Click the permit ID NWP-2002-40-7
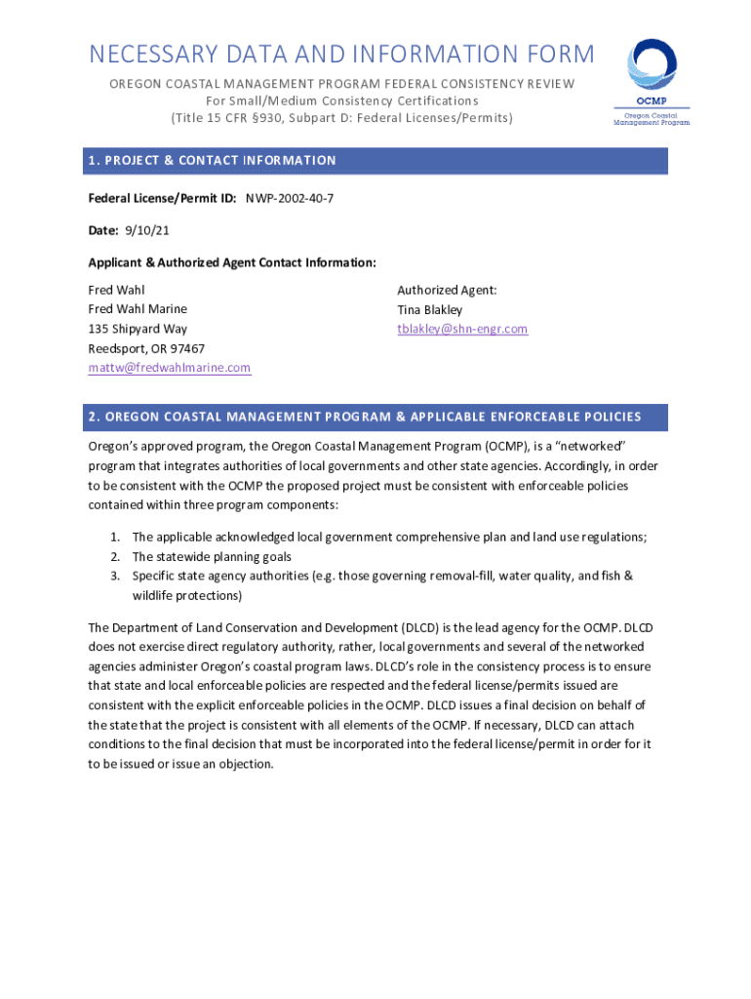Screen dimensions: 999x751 pyautogui.click(x=290, y=198)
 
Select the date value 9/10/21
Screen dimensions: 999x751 pyautogui.click(x=138, y=230)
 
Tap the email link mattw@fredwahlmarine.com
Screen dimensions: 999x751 pyautogui.click(x=170, y=368)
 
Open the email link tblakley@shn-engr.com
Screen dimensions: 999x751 pyautogui.click(x=462, y=329)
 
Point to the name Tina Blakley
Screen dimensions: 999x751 pyautogui.click(x=430, y=309)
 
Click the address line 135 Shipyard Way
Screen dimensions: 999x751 pyautogui.click(x=138, y=329)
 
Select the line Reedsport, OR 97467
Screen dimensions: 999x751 pyautogui.click(x=146, y=348)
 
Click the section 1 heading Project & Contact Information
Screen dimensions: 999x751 pyautogui.click(x=212, y=160)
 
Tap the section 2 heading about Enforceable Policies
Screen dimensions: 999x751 pyautogui.click(x=365, y=417)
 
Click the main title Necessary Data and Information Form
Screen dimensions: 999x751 pyautogui.click(x=341, y=55)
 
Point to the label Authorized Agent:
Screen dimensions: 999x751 pyautogui.click(x=447, y=290)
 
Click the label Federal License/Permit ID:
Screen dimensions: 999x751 pyautogui.click(x=162, y=198)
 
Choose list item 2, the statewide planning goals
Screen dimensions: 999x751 pyautogui.click(x=212, y=556)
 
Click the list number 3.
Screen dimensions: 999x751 pyautogui.click(x=114, y=576)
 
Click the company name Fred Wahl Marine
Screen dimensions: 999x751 pyautogui.click(x=138, y=309)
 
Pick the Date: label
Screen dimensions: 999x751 pyautogui.click(x=103, y=230)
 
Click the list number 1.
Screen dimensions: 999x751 pyautogui.click(x=114, y=537)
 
